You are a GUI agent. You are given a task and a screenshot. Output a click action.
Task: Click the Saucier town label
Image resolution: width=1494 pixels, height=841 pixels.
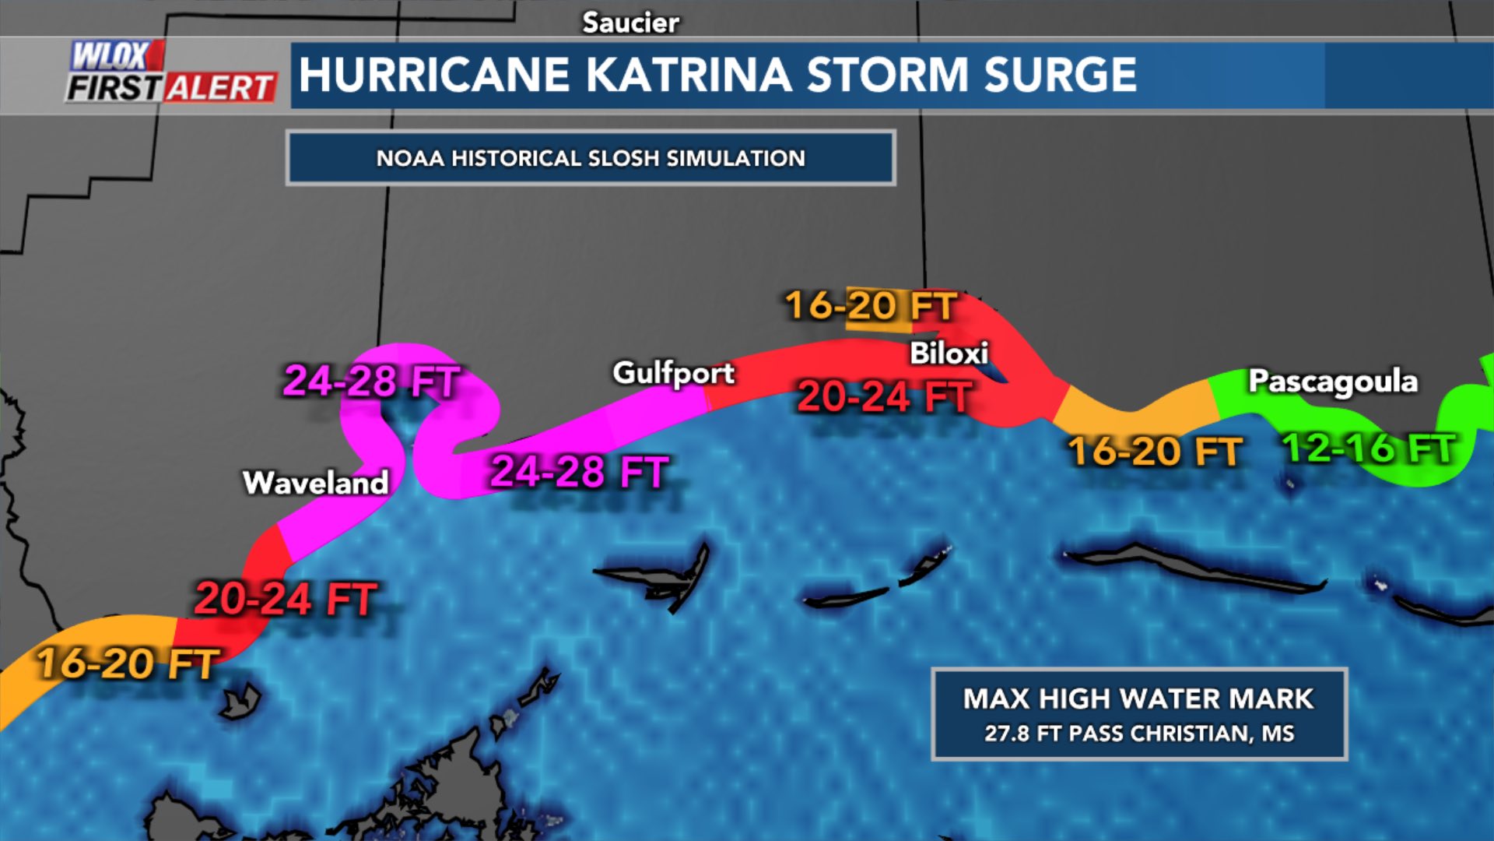[630, 23]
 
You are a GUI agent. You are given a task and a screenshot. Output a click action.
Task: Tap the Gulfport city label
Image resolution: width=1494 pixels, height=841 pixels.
[673, 373]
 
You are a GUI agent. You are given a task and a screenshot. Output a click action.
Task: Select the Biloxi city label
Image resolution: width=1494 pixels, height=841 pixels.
[949, 354]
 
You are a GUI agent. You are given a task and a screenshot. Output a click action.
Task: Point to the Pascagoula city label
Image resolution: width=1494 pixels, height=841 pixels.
[1332, 382]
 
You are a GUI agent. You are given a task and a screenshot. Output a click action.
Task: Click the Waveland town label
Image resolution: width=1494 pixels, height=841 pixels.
[315, 483]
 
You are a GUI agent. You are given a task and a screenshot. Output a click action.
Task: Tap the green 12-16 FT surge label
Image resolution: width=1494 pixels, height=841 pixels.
[1368, 449]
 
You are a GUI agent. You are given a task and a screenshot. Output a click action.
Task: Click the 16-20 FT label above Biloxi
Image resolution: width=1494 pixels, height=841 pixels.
[870, 306]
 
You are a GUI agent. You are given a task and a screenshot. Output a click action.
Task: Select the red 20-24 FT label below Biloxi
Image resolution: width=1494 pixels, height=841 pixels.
[884, 396]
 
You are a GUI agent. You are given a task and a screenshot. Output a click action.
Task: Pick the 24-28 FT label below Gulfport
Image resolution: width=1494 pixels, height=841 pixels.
[579, 472]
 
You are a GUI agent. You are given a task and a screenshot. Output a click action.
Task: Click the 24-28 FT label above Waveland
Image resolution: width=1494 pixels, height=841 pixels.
[371, 382]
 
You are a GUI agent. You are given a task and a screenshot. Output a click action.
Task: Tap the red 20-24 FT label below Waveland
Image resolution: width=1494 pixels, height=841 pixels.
[285, 600]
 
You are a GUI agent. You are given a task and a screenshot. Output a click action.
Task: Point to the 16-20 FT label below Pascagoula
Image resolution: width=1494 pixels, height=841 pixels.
[1154, 452]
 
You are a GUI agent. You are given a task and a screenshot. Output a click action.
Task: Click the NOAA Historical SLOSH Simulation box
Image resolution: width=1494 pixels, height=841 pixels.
[591, 158]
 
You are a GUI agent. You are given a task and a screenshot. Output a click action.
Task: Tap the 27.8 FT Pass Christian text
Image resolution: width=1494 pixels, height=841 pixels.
[1138, 734]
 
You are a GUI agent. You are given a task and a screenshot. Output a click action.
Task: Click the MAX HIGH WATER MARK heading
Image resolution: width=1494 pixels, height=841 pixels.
[1138, 698]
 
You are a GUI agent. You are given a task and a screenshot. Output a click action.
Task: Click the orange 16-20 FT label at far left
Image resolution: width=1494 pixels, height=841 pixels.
[127, 664]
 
